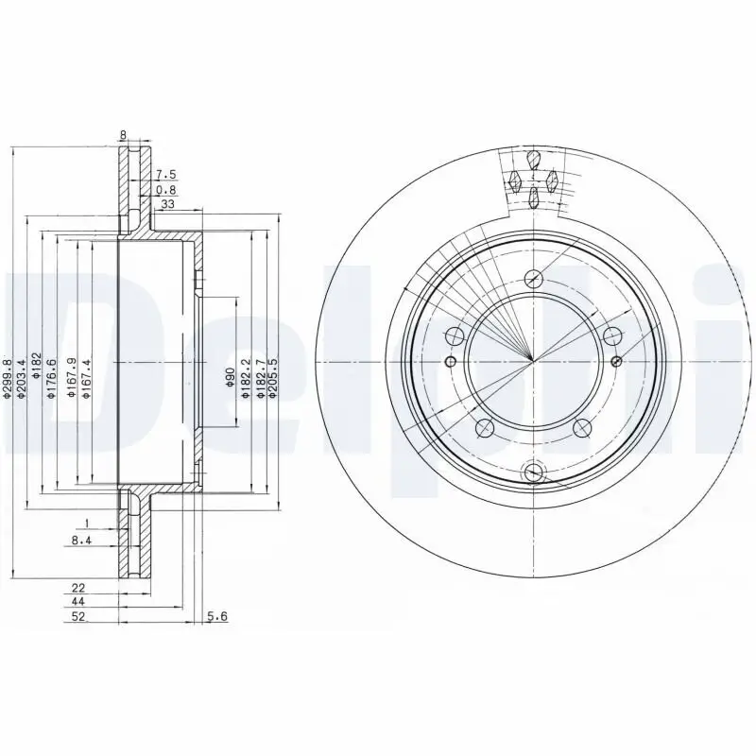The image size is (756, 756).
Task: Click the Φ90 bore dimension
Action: [x=229, y=379]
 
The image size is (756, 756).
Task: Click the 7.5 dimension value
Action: [x=166, y=174]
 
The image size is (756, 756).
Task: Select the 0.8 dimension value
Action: [x=166, y=189]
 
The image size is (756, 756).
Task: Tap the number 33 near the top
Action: [x=167, y=203]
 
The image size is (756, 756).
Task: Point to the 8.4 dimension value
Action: [x=82, y=540]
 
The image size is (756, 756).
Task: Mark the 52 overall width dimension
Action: [x=79, y=616]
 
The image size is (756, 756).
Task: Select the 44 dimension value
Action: [x=79, y=602]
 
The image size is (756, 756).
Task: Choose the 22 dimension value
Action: [x=79, y=588]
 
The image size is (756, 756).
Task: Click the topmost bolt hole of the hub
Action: [x=534, y=278]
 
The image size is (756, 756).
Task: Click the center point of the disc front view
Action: [x=534, y=361]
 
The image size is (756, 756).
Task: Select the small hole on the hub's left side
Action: [x=450, y=362]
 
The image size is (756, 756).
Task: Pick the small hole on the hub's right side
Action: [x=617, y=361]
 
